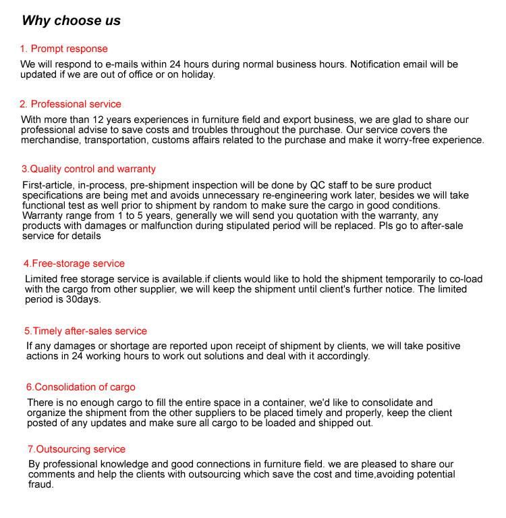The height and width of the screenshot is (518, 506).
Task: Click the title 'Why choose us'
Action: pos(71,20)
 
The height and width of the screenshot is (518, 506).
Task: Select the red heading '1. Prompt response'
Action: pos(63,49)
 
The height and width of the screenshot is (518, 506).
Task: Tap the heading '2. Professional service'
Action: pos(70,104)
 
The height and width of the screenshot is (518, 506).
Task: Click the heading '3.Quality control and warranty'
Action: pos(88,169)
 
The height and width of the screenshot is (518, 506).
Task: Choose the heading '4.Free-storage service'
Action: pos(74,263)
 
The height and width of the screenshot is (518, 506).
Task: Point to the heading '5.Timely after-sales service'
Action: pos(86,331)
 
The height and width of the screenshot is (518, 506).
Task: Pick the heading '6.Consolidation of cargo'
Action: pos(81,387)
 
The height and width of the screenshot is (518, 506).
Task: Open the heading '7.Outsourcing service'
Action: pos(77,449)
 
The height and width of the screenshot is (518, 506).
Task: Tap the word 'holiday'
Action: pos(197,74)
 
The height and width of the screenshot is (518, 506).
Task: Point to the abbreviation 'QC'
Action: pos(317,185)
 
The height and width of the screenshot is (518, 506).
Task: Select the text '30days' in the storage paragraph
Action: pos(83,299)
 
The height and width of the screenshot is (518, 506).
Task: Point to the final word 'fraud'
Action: pos(40,484)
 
